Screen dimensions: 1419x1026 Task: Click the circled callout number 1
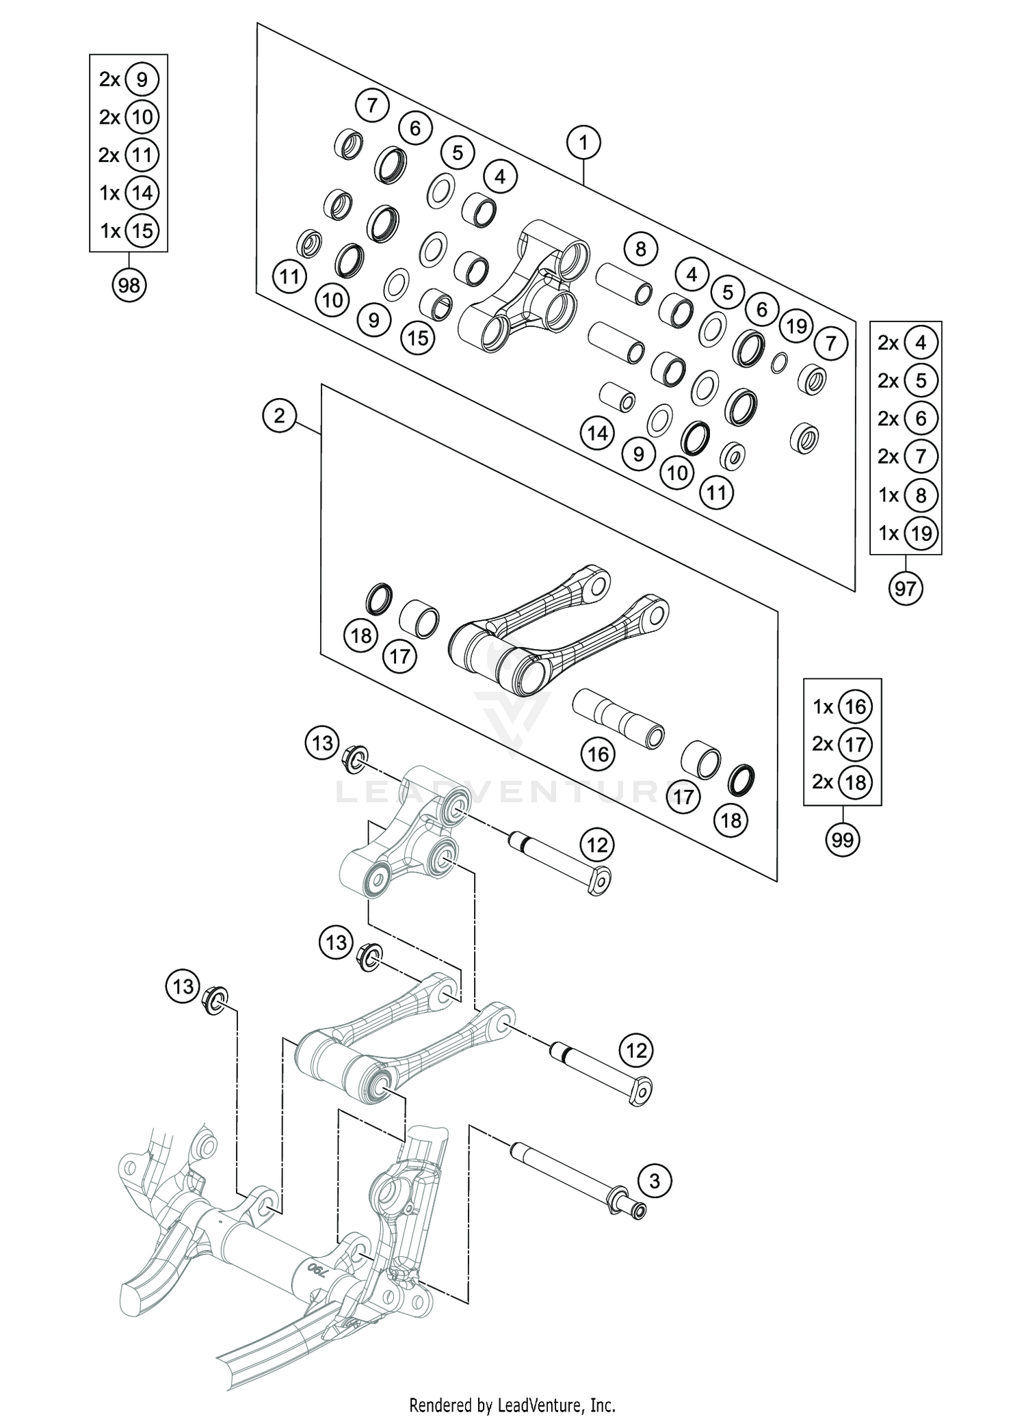point(583,143)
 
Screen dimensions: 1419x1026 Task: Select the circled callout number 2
point(279,415)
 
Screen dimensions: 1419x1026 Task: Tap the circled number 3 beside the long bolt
point(655,1180)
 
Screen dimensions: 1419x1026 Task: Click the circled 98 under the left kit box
point(129,284)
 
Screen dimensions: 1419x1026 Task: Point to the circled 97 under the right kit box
point(905,587)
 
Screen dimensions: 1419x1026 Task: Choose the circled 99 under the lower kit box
point(842,839)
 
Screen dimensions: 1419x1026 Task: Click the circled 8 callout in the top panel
point(640,248)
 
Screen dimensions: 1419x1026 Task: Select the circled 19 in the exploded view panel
point(796,326)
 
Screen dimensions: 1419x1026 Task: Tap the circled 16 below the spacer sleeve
point(598,754)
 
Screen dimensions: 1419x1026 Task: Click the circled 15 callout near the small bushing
point(418,337)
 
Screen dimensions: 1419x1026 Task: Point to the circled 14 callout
point(597,433)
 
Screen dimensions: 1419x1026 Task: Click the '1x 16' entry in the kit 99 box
point(842,706)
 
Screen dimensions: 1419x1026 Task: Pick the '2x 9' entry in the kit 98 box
point(129,80)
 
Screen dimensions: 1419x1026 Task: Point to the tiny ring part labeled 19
point(778,363)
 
